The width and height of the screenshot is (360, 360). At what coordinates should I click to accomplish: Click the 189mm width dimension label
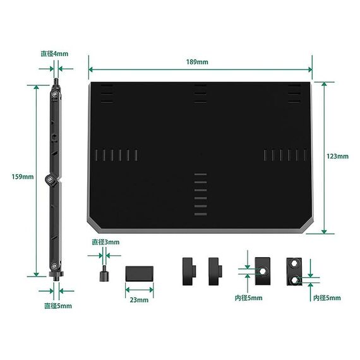[197, 62]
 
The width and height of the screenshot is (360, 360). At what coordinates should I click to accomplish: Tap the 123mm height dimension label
[337, 157]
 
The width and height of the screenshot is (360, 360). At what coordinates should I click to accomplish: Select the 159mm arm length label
[23, 177]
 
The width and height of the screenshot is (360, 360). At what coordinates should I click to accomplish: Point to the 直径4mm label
[54, 54]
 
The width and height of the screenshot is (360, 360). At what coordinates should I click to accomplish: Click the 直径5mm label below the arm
[58, 306]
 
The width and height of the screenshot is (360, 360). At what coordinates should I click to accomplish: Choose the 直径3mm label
[105, 242]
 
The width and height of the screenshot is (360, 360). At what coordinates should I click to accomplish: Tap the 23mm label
[139, 300]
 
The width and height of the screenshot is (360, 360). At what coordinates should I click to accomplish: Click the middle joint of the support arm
[51, 179]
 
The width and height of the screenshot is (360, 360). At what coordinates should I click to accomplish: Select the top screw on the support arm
[54, 93]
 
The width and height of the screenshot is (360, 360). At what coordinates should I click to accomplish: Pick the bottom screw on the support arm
[54, 267]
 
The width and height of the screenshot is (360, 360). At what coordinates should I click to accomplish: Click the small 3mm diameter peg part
[104, 274]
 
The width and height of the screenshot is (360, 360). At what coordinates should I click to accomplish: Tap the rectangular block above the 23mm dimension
[140, 273]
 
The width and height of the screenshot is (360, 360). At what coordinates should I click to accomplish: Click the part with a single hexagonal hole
[263, 271]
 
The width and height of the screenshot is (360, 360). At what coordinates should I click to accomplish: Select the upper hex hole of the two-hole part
[294, 263]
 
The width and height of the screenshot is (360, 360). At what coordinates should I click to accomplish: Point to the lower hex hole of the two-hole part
[294, 280]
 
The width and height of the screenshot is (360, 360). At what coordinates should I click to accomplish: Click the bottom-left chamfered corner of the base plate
[93, 225]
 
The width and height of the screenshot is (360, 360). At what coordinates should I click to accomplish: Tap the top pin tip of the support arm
[56, 79]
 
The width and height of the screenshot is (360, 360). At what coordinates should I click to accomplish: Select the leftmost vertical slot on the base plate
[96, 155]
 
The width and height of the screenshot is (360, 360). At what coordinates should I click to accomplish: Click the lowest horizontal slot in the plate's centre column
[200, 214]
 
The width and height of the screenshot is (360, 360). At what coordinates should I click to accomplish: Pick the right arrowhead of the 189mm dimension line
[310, 69]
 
